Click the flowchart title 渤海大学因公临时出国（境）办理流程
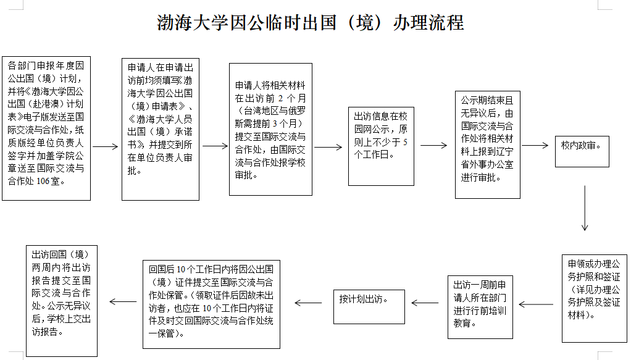(311, 23)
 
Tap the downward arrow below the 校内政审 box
(585, 207)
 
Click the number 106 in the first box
(43, 181)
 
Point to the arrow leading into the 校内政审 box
(535, 145)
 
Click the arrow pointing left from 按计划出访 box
(308, 303)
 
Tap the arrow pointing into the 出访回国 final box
(123, 301)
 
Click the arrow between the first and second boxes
(106, 146)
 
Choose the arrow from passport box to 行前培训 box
(536, 304)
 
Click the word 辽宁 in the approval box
(504, 151)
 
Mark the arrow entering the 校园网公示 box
(328, 147)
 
